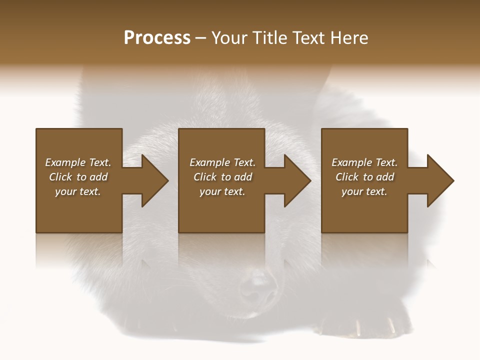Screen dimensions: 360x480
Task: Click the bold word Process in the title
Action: click(x=157, y=38)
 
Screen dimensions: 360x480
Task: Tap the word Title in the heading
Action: click(x=269, y=38)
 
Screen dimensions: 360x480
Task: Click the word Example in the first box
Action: click(x=65, y=162)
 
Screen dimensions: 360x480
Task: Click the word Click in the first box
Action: click(x=60, y=177)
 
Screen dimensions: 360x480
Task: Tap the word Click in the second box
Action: click(x=205, y=177)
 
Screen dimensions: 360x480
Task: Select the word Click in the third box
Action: click(x=347, y=177)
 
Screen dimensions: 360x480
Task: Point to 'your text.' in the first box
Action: click(x=78, y=191)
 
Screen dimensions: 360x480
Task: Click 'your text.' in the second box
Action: click(x=222, y=191)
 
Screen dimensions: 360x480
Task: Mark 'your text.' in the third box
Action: click(x=364, y=191)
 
